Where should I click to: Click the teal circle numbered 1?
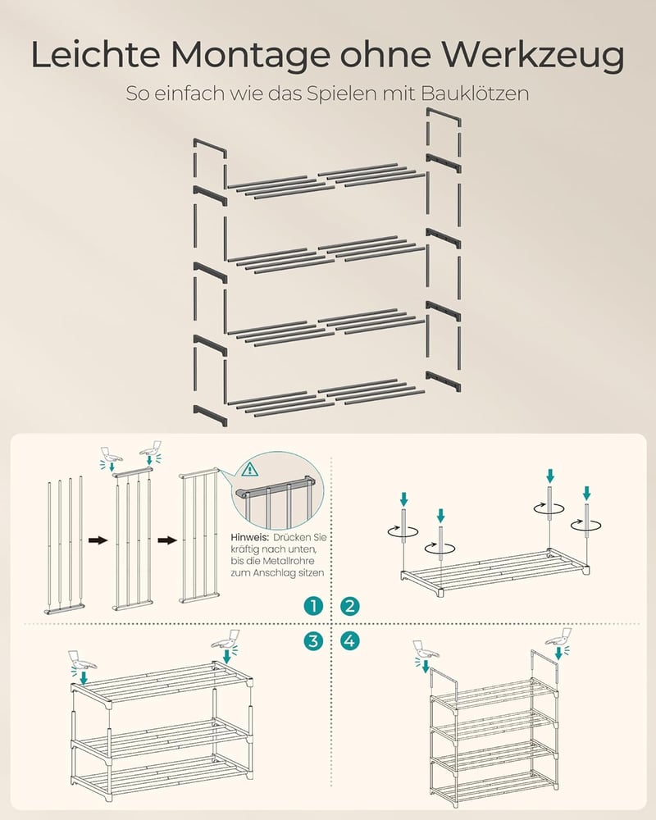(x=313, y=606)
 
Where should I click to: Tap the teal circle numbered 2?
(x=349, y=606)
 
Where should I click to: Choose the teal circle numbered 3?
(x=313, y=640)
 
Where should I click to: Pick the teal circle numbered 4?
(x=349, y=640)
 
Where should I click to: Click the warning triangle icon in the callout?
(x=250, y=469)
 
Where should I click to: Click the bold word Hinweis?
(x=249, y=537)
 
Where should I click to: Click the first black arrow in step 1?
(x=98, y=540)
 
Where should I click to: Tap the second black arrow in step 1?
(x=167, y=540)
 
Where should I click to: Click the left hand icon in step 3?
(x=81, y=661)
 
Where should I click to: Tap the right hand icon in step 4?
(x=558, y=637)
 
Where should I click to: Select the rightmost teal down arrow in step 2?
(x=586, y=493)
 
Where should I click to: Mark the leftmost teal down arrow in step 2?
(x=403, y=499)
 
